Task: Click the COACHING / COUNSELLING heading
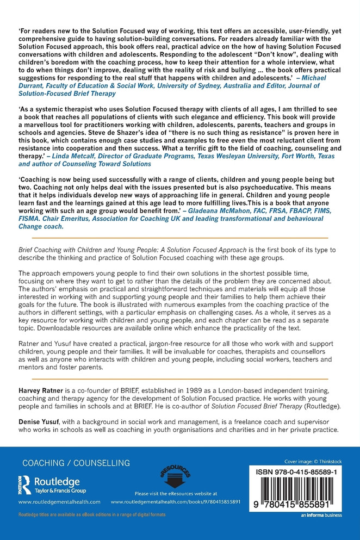pyautogui.click(x=76, y=463)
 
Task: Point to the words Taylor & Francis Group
pyautogui.click(x=57, y=489)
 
